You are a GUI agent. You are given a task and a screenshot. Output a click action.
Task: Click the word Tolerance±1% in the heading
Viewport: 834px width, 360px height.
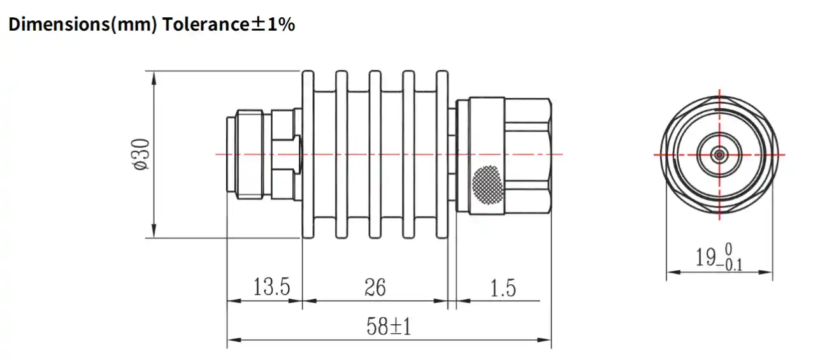click(228, 25)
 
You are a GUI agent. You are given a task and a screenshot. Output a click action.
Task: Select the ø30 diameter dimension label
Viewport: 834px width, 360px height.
click(141, 154)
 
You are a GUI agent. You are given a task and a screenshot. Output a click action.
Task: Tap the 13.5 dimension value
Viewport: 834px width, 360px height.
click(271, 287)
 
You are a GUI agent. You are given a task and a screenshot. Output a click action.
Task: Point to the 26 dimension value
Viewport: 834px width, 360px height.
click(375, 287)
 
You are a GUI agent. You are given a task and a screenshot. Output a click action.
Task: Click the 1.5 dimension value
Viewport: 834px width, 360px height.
click(503, 288)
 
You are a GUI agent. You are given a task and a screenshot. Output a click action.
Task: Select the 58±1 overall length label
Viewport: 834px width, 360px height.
click(389, 327)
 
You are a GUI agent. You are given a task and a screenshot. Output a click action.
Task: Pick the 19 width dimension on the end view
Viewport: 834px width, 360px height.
click(719, 257)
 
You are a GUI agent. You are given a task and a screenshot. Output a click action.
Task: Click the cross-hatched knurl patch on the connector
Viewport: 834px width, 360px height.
click(487, 185)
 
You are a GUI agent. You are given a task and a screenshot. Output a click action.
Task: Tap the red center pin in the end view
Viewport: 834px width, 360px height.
click(719, 154)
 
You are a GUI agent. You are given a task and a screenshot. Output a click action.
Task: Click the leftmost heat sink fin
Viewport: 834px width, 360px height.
click(308, 155)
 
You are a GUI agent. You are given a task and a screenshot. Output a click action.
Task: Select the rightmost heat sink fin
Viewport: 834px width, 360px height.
click(442, 155)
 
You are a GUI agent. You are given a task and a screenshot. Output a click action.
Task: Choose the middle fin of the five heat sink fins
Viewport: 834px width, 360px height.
click(375, 155)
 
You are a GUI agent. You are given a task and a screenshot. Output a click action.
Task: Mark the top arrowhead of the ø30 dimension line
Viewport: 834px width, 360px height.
click(154, 76)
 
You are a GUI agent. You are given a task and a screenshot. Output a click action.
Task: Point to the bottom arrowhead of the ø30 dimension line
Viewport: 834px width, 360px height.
click(154, 234)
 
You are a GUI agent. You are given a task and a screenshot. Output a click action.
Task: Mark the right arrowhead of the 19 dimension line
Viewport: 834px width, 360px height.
click(768, 272)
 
